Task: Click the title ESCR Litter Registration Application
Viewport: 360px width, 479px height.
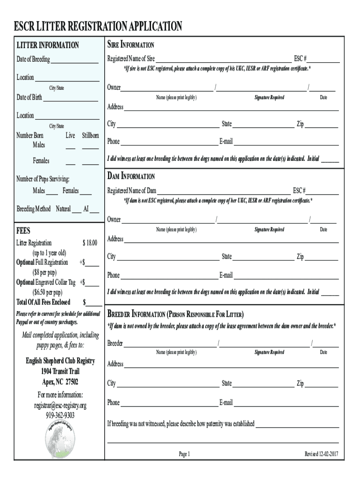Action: click(98, 26)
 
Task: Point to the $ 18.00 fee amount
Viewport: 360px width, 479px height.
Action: click(90, 243)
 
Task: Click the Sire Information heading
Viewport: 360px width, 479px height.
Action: click(131, 45)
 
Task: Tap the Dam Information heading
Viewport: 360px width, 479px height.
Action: click(131, 176)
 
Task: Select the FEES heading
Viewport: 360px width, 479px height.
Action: click(23, 231)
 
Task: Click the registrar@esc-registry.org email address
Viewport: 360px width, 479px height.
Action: click(60, 405)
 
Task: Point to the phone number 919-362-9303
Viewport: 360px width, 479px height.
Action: click(60, 415)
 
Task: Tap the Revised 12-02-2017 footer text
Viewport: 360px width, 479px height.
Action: click(321, 454)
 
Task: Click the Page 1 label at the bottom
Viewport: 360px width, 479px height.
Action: click(184, 454)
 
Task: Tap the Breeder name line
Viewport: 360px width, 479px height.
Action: click(170, 345)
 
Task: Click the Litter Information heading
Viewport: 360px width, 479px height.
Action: click(48, 45)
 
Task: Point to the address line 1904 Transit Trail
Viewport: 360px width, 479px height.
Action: click(60, 371)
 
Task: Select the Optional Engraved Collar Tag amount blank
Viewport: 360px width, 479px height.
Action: click(92, 283)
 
